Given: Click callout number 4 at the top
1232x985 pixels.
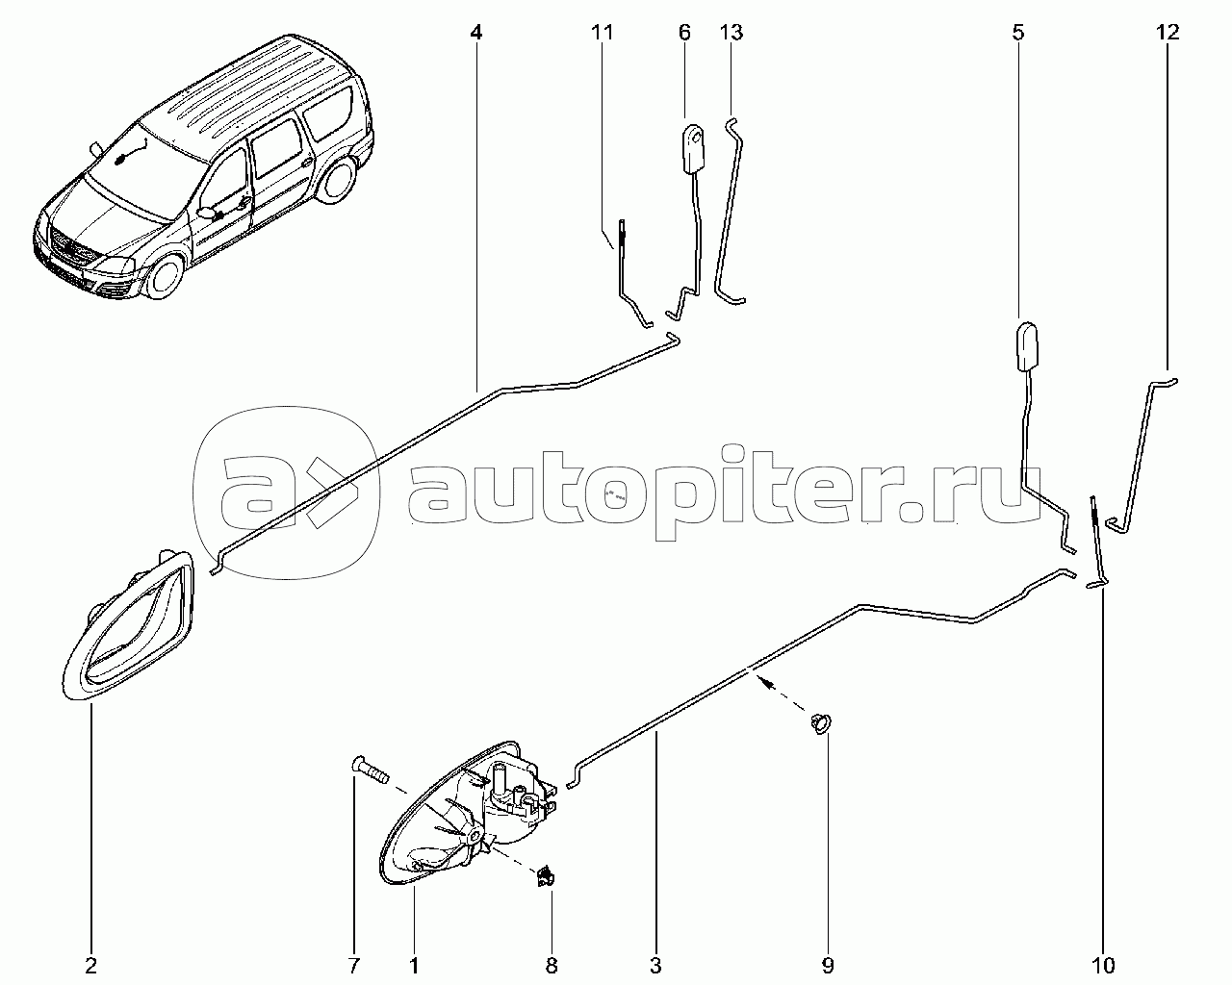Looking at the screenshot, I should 476,33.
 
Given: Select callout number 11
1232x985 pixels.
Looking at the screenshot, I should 602,33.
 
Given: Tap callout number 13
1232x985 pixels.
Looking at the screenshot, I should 731,33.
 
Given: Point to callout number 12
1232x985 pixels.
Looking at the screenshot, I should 1167,33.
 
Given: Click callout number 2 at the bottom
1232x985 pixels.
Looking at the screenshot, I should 91,965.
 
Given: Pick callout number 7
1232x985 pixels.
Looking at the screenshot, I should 353,965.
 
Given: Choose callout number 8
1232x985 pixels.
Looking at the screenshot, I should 552,965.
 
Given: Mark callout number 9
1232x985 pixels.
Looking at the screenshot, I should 828,965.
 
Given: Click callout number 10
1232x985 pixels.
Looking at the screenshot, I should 1103,965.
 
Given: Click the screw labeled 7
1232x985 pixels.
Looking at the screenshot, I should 368,770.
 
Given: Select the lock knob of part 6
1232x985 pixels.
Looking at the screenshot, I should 693,147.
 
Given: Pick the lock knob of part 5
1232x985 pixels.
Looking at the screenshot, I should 1027,346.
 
